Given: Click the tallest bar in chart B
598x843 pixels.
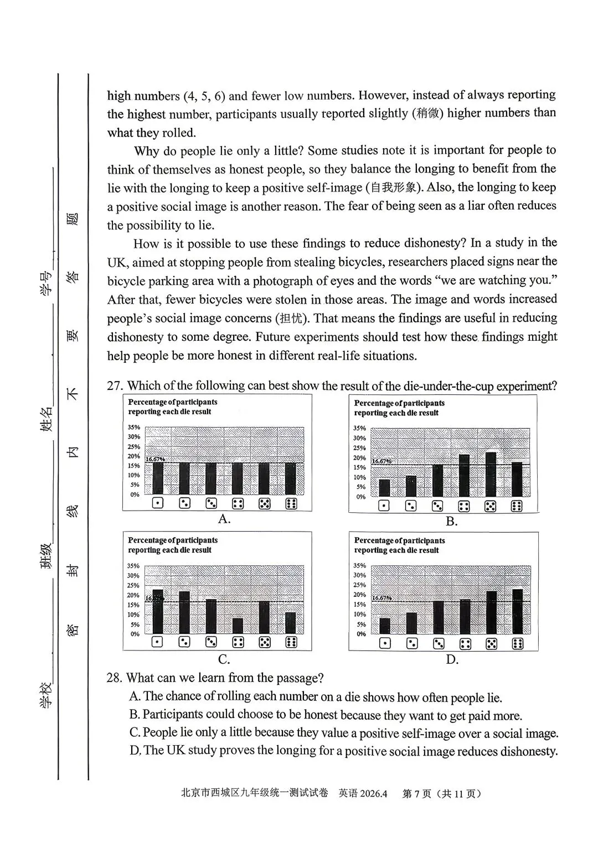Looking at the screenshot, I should pos(490,474).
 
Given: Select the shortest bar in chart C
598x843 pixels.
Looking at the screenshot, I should pos(238,626).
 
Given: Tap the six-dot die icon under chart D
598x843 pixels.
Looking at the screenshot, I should pos(518,643).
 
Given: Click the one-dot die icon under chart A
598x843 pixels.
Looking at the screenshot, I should pos(158,503).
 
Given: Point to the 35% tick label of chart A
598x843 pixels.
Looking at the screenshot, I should pos(134,428).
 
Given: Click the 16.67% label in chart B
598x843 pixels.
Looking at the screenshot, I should pos(382,461).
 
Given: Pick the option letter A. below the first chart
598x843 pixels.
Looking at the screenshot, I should pos(224,519).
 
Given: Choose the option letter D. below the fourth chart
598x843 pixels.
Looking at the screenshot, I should pos(452,659).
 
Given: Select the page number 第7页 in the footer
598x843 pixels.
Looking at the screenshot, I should pos(416,794).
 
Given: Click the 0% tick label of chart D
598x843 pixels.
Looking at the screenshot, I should pos(361,634).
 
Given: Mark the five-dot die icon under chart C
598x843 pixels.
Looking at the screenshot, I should pos(265,642).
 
